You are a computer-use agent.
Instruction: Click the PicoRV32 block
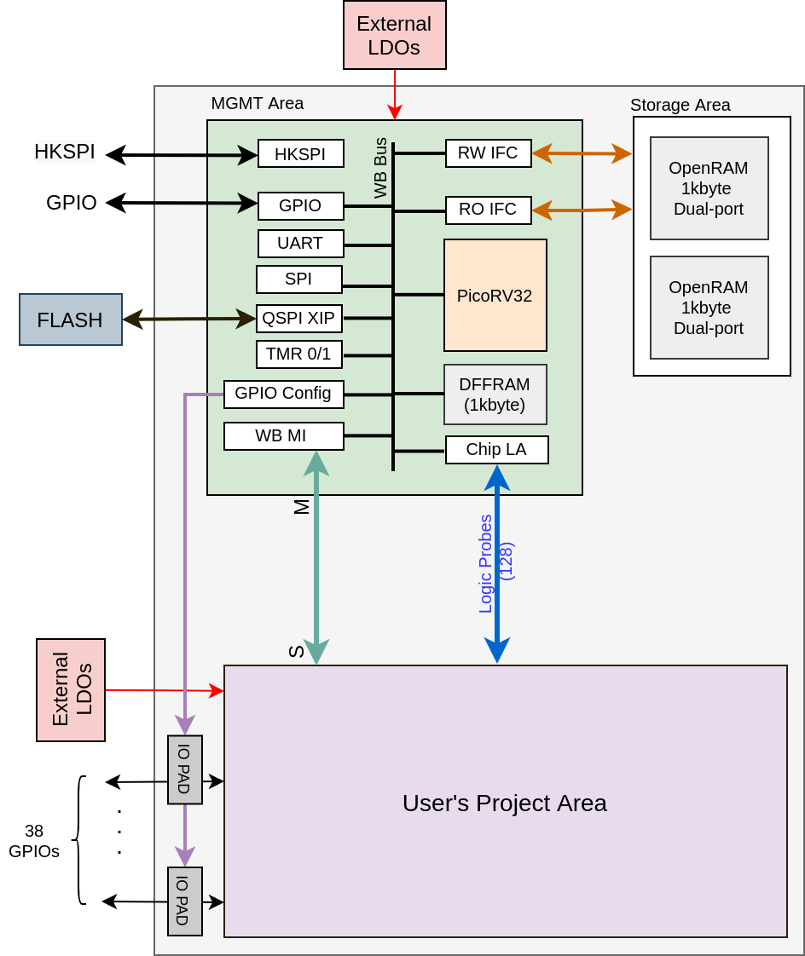click(x=495, y=295)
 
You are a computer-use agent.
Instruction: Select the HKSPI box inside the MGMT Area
click(x=300, y=154)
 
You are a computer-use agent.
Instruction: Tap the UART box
click(x=300, y=243)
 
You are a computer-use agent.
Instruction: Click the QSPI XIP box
click(x=298, y=319)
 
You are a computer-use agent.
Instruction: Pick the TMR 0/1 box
click(x=298, y=354)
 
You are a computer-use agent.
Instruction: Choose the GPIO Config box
click(x=283, y=394)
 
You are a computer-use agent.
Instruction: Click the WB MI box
click(x=283, y=435)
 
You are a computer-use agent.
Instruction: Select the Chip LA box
click(x=496, y=449)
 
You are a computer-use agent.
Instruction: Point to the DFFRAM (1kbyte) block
click(x=495, y=394)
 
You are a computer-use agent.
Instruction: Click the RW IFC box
click(x=488, y=153)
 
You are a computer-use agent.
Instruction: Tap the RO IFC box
click(x=488, y=210)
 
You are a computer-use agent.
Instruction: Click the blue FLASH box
click(x=71, y=320)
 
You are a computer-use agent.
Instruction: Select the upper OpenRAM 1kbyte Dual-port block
click(x=709, y=188)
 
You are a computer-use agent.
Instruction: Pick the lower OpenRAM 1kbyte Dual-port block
click(x=709, y=308)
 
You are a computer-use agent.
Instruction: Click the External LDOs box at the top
click(x=394, y=35)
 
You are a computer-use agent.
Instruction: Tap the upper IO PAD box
click(x=184, y=769)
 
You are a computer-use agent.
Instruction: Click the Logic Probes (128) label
click(x=495, y=563)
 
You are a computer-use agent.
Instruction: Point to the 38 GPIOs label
click(x=34, y=841)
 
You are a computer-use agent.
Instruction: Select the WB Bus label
click(x=380, y=168)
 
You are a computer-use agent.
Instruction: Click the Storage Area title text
click(x=680, y=105)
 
